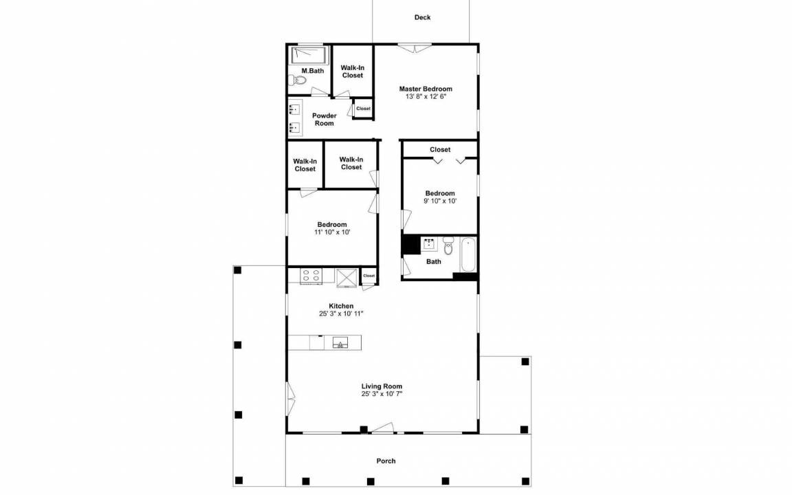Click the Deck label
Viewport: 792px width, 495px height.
click(422, 17)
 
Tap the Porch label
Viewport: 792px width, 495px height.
click(386, 461)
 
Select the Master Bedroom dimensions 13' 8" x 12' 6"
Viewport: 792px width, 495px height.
click(426, 96)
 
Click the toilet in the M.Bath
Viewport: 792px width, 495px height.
click(298, 80)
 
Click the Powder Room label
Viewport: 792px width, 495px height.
click(324, 119)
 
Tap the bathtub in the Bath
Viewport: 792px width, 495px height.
click(467, 254)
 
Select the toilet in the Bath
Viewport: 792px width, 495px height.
click(448, 246)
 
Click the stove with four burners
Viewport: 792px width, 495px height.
click(311, 276)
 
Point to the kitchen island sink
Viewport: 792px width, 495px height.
click(340, 343)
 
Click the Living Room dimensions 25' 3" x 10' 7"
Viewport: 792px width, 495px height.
click(382, 394)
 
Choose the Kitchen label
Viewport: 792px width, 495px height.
click(342, 306)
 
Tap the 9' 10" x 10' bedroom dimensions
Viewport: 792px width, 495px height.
click(440, 201)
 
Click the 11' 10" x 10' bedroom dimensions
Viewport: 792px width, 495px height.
click(332, 232)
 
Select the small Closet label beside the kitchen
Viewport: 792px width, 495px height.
click(369, 276)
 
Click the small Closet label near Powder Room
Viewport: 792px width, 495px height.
click(363, 109)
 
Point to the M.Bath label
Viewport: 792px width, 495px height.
click(313, 71)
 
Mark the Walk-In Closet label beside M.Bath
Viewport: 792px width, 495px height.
click(353, 71)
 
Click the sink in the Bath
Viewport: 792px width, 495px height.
click(430, 245)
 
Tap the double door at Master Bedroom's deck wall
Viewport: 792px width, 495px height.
click(415, 48)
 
